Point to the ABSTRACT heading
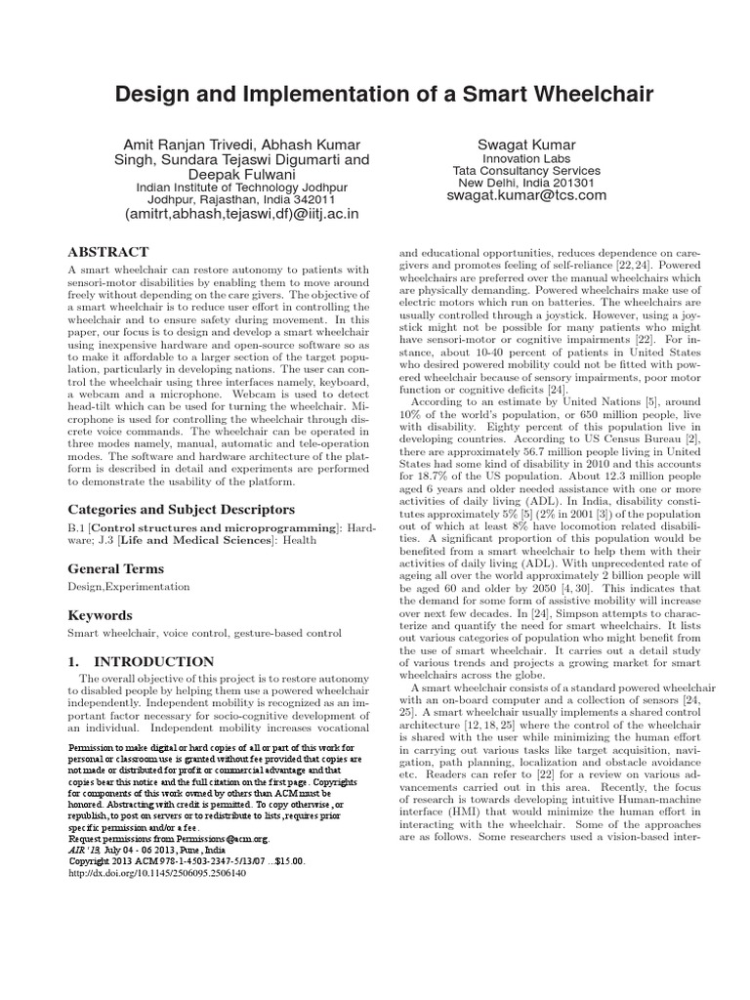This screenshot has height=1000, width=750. click(x=107, y=251)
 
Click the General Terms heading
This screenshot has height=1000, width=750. click(x=115, y=568)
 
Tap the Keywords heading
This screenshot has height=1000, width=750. click(x=99, y=616)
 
